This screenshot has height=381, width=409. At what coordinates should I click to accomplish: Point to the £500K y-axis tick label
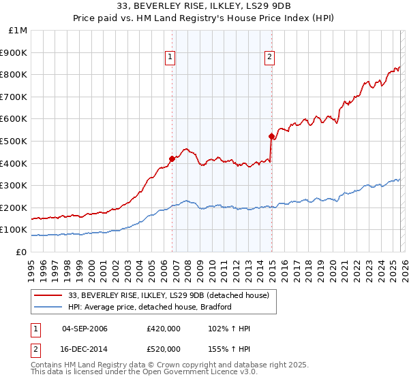click(14, 141)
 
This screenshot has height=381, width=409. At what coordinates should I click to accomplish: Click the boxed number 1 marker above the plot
click(169, 58)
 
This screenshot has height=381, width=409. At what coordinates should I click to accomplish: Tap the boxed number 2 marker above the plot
click(270, 58)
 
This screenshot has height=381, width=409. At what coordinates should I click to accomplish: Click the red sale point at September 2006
click(172, 159)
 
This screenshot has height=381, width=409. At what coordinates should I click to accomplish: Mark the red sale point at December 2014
click(271, 137)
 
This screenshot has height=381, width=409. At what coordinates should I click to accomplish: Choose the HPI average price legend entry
click(145, 307)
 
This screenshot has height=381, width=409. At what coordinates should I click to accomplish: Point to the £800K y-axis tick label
click(14, 75)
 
